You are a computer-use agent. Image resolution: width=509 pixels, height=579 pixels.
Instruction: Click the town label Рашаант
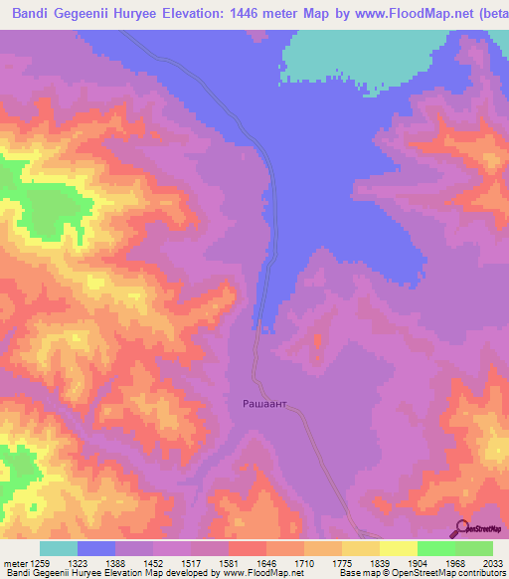coord(266,404)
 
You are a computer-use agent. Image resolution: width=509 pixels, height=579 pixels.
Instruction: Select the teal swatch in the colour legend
coord(59,548)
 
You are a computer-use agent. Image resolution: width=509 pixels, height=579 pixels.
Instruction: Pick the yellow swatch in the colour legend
coord(399,548)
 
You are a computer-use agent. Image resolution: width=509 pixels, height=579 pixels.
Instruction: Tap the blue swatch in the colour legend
coord(96,548)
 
